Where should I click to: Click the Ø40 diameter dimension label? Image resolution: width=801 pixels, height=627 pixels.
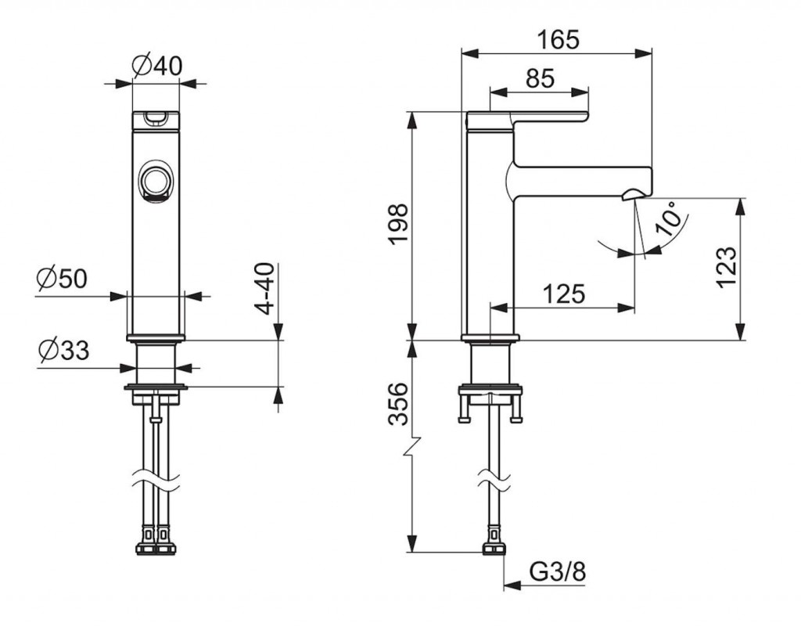click(156, 66)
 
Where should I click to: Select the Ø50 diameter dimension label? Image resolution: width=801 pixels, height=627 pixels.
click(62, 279)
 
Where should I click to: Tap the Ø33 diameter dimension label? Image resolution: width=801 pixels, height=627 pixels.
click(64, 351)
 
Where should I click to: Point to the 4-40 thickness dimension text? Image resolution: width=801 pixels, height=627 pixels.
click(264, 289)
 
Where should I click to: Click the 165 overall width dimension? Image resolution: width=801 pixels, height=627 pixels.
click(559, 39)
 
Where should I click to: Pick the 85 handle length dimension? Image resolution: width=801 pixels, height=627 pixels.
click(540, 78)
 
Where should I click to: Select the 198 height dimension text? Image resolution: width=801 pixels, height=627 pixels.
click(399, 224)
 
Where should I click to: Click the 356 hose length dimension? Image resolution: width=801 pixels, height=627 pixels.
click(399, 404)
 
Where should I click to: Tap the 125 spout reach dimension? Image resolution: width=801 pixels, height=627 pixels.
click(563, 294)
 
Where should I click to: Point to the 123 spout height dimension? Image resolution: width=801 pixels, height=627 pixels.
click(727, 268)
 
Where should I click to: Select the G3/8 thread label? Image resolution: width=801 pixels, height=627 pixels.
click(557, 571)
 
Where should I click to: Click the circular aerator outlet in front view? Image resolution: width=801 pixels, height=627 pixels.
click(154, 182)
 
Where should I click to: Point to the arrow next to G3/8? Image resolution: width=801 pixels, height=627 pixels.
click(512, 585)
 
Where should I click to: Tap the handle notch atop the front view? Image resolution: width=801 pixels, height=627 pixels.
click(156, 118)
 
